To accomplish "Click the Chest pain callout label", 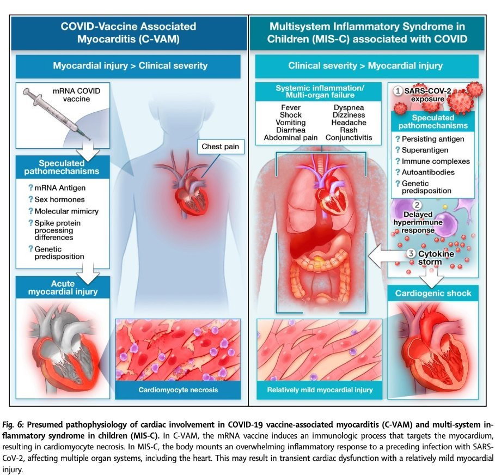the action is click(x=221, y=147).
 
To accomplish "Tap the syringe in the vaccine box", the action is click(x=57, y=114).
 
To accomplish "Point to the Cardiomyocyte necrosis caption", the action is click(x=178, y=389).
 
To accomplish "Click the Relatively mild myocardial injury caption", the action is click(x=320, y=389).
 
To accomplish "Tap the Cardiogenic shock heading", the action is click(x=433, y=294).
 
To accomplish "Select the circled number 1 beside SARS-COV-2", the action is click(x=398, y=91).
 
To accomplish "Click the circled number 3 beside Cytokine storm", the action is click(x=411, y=253).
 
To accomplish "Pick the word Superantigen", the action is click(x=425, y=150).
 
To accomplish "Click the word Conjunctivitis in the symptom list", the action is click(x=349, y=138).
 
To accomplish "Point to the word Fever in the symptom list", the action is click(x=291, y=108).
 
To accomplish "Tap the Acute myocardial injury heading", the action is click(x=63, y=288).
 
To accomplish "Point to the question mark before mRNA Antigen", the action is click(x=30, y=187).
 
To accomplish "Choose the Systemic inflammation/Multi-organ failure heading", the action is click(x=320, y=92).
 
